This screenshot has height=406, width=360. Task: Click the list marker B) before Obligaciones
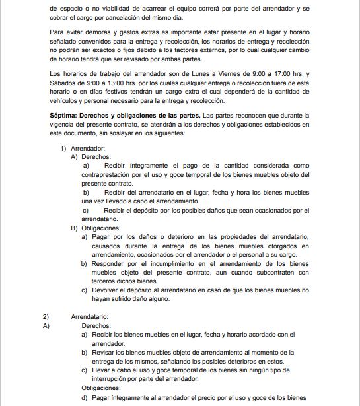tap(74, 228)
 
